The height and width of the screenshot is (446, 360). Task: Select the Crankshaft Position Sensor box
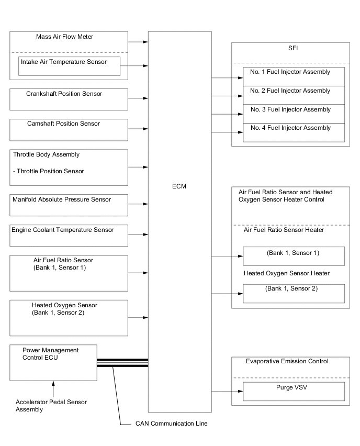tap(69, 99)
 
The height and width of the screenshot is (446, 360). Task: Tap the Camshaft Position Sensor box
tap(69, 129)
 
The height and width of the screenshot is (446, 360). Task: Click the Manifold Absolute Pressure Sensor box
tap(69, 205)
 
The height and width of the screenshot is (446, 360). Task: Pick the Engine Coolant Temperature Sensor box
tap(69, 235)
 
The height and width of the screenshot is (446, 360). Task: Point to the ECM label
tap(179, 186)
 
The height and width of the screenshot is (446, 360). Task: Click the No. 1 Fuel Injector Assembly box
tap(294, 76)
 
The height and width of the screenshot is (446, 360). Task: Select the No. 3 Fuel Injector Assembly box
tap(294, 114)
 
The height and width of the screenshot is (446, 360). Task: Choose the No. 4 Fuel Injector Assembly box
tap(294, 132)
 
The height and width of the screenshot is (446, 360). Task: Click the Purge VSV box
tap(294, 391)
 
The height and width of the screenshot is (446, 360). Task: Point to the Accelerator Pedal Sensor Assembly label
tap(51, 406)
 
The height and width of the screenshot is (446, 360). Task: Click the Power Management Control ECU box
tap(53, 362)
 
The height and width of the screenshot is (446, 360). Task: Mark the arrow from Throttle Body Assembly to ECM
tap(138, 168)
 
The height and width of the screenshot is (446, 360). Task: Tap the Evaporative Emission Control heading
tap(287, 361)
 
